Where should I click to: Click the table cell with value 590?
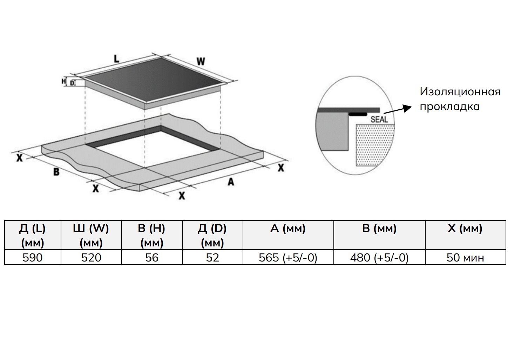[x=33, y=257]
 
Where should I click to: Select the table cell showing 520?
[x=91, y=257]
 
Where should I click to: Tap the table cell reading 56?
[x=152, y=257]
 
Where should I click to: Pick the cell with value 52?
[x=212, y=257]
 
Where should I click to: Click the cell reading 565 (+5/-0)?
[x=288, y=257]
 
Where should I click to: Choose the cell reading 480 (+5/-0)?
[x=379, y=257]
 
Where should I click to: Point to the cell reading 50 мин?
[x=465, y=257]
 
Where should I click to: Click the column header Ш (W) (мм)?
[x=91, y=235]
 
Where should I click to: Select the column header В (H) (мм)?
[x=152, y=235]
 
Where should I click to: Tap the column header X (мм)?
[x=465, y=235]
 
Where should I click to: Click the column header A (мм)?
[x=288, y=235]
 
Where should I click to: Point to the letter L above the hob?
[x=116, y=59]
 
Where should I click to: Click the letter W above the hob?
[x=201, y=61]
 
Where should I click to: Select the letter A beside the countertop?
[x=230, y=182]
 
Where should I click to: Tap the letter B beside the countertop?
[x=56, y=172]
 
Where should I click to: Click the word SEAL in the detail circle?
[x=379, y=119]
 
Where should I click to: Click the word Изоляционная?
[x=460, y=92]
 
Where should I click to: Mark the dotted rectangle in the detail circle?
[x=375, y=145]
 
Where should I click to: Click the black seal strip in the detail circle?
[x=358, y=114]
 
